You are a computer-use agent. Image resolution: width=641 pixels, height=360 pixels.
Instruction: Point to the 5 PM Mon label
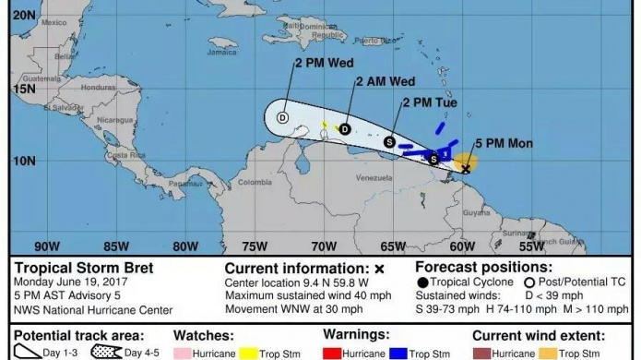(504, 143)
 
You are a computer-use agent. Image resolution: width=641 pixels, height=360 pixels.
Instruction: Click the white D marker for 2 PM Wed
(283, 117)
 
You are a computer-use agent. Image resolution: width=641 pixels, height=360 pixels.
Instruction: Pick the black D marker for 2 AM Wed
(345, 129)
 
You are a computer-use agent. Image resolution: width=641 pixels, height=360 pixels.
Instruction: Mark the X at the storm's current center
(466, 169)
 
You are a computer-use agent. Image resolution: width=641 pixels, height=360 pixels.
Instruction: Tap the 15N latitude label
(24, 89)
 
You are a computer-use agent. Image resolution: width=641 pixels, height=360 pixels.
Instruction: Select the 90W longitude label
(46, 246)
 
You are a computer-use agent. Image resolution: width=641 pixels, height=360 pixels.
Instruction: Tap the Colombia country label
(255, 182)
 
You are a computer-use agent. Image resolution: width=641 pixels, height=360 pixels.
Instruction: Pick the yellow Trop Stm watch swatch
(248, 352)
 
